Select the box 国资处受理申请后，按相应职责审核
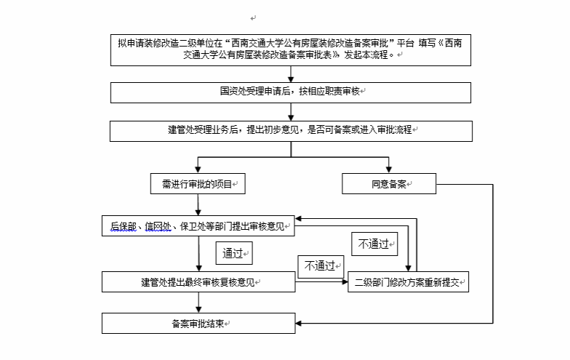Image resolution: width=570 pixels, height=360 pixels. [291, 92]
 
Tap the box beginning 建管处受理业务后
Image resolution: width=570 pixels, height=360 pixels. [291, 131]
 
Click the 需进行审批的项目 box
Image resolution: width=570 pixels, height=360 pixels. [198, 184]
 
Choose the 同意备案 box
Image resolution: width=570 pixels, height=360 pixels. [388, 184]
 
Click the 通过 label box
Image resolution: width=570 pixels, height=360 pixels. [234, 254]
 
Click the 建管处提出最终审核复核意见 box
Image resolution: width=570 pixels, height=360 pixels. [198, 282]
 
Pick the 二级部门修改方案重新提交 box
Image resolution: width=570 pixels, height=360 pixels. [408, 282]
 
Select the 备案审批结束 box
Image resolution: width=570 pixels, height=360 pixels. [198, 322]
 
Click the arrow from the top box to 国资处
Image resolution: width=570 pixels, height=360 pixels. [291, 73]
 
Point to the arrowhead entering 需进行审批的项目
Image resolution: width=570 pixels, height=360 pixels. [198, 169]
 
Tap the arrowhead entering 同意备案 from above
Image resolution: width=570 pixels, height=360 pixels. [388, 169]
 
